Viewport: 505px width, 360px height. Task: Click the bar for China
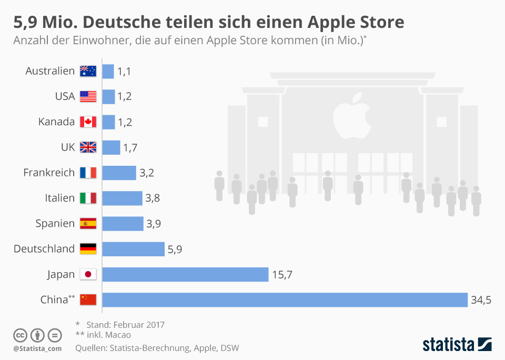pos(285,299)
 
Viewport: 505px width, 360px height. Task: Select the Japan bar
pos(185,274)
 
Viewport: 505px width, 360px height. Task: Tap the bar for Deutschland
pos(133,249)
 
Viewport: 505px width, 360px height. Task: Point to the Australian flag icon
pos(88,71)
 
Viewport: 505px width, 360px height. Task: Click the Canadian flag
pos(88,122)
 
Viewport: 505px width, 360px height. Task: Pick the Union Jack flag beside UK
pos(88,147)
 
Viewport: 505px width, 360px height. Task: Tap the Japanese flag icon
pos(88,274)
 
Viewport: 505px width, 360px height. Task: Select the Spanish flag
pos(88,224)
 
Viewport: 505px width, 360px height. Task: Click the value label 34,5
pos(481,300)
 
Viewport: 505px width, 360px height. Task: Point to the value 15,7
pos(282,275)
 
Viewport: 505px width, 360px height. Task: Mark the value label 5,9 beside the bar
pos(175,249)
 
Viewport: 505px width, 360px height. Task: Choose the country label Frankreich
pos(49,173)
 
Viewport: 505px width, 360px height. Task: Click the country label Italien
pos(60,198)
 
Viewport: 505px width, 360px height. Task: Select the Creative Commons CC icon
pos(20,335)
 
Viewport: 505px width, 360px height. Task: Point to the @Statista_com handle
pos(37,348)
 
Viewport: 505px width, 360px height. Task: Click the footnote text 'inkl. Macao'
pos(108,335)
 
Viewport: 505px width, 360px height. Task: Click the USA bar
pos(108,96)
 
